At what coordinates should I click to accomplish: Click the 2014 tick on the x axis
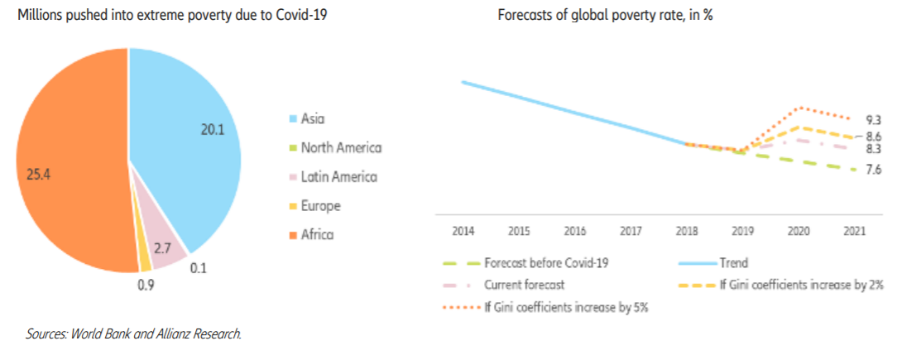click(x=463, y=231)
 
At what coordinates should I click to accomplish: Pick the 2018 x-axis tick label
click(x=687, y=231)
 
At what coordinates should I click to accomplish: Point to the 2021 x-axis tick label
click(x=854, y=231)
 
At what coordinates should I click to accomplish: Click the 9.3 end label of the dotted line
click(x=874, y=120)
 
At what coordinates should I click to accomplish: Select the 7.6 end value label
click(x=874, y=170)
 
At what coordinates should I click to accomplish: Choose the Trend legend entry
click(x=733, y=263)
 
